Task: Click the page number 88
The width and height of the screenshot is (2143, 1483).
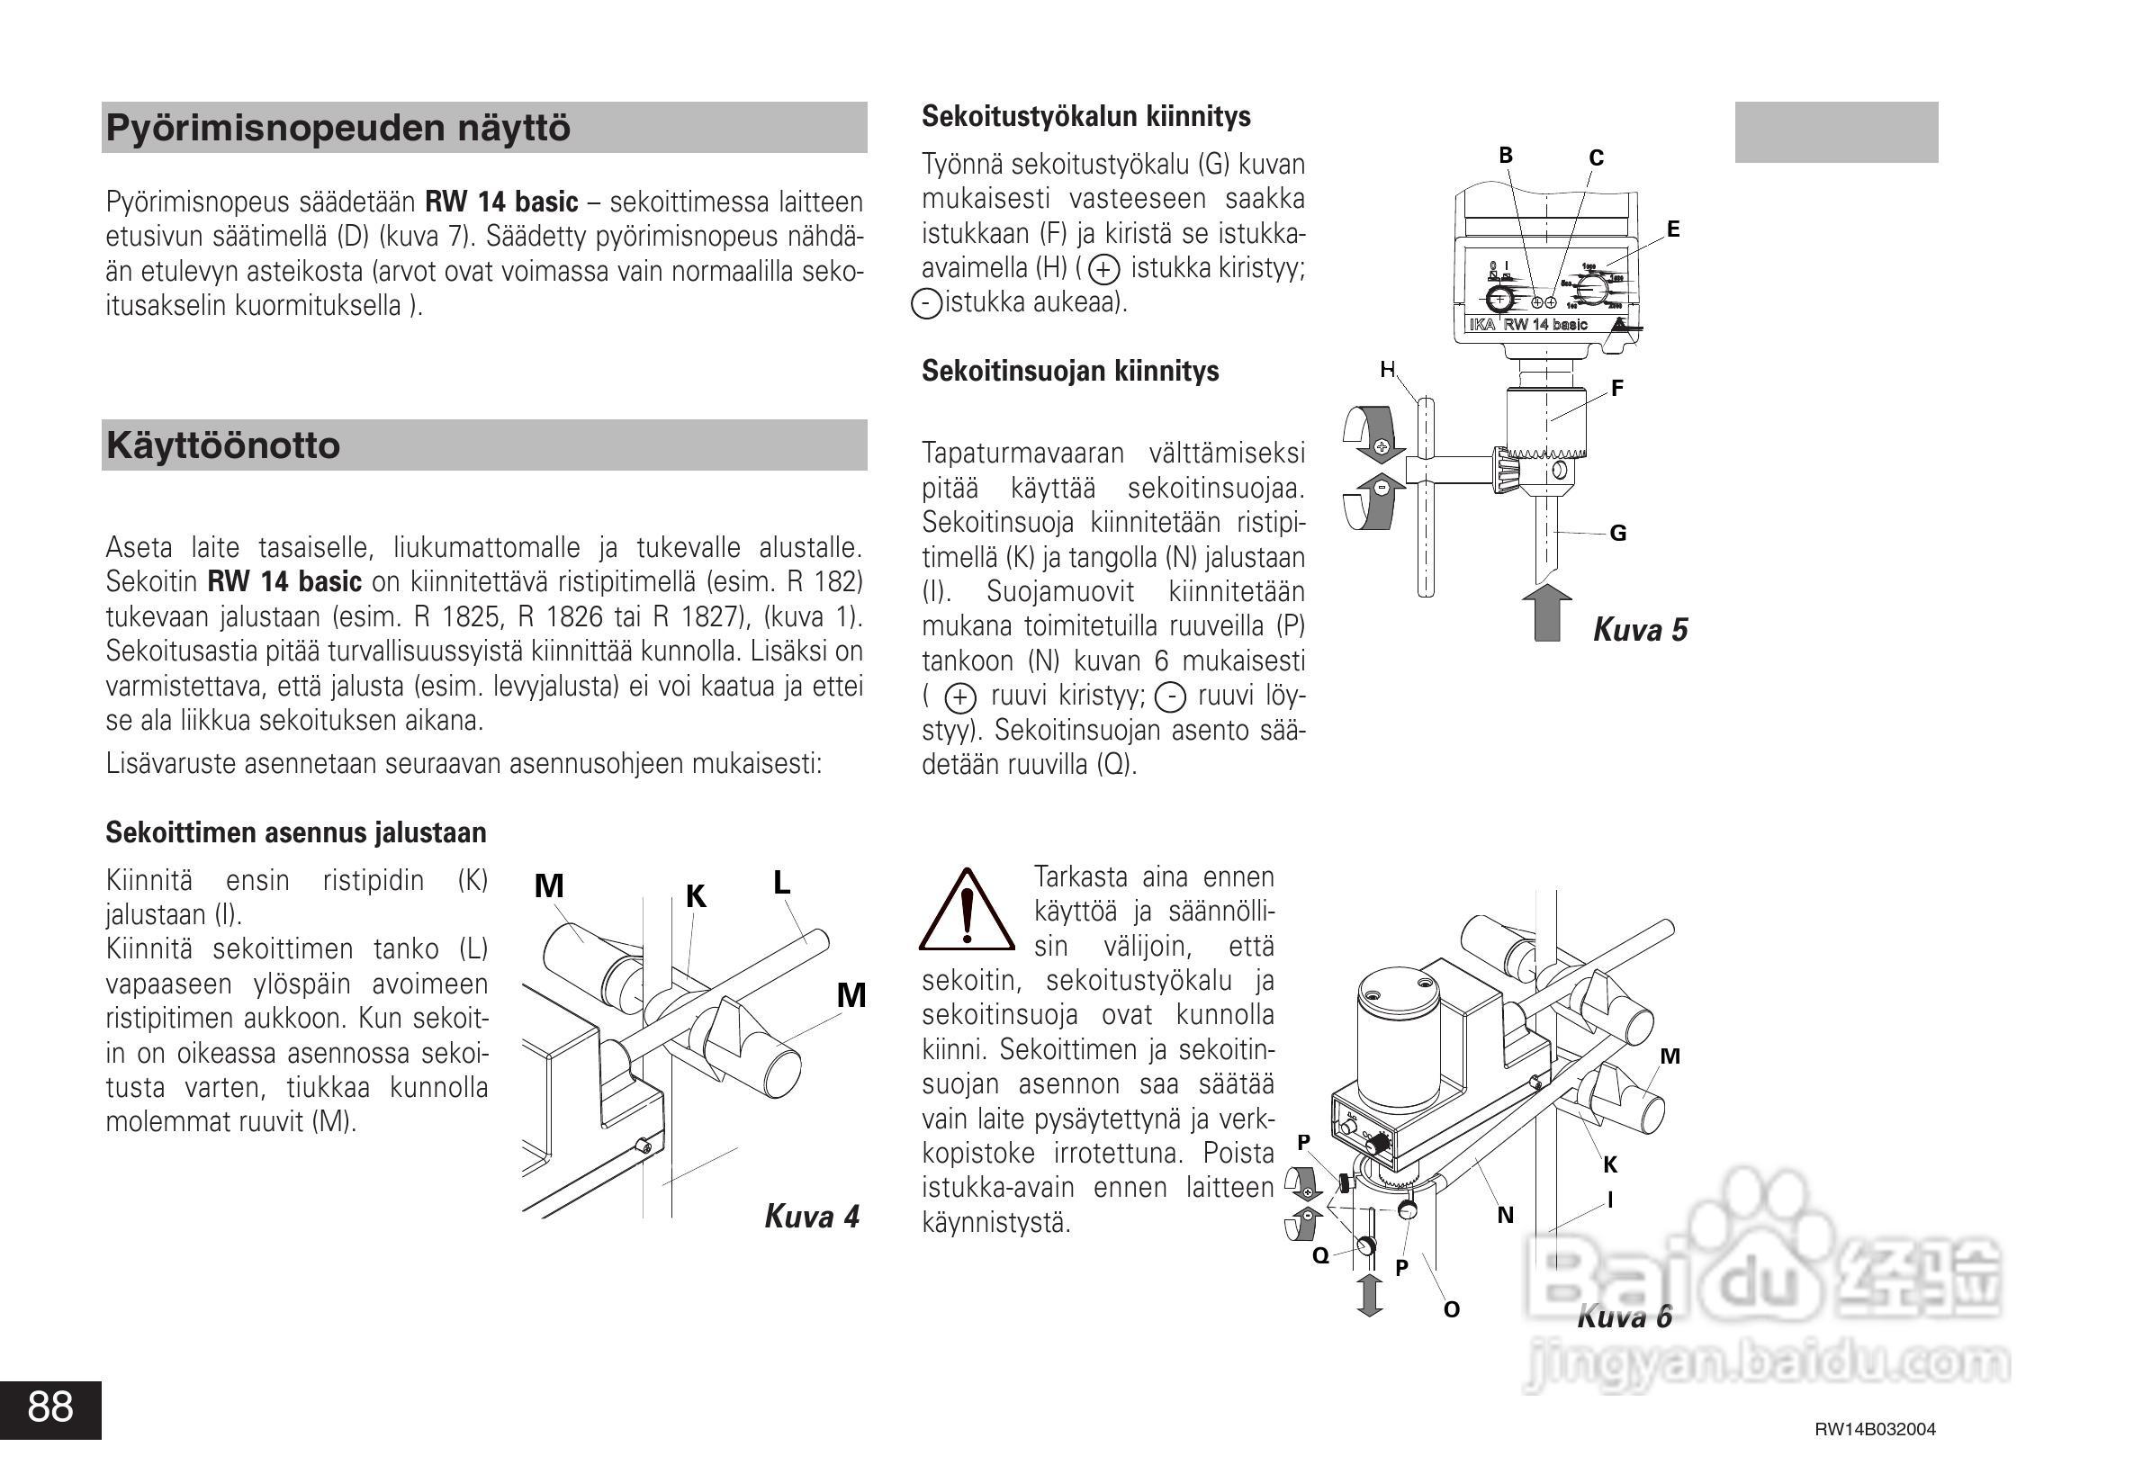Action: tap(50, 1407)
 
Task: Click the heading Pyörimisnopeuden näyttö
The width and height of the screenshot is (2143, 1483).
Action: tap(338, 127)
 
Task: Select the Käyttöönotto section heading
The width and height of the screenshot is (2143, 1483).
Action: tap(223, 445)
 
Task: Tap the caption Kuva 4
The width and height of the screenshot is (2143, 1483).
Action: tap(811, 1216)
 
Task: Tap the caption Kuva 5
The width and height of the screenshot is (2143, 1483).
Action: tap(1640, 629)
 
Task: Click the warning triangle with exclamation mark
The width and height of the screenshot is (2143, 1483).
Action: tap(967, 912)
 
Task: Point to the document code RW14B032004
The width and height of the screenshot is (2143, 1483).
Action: tap(1875, 1429)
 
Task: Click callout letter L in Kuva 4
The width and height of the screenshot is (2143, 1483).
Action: tap(781, 882)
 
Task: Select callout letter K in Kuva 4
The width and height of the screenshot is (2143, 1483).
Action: tap(696, 895)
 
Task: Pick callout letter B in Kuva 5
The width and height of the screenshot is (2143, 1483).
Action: tap(1506, 155)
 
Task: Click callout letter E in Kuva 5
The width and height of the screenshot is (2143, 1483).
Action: tap(1673, 229)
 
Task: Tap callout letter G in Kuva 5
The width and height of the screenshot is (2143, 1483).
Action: tap(1618, 533)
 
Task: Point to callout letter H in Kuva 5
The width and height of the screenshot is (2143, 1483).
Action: tap(1388, 370)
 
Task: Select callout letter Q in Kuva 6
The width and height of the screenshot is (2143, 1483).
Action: tap(1320, 1256)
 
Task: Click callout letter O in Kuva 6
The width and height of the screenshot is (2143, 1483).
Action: tap(1452, 1309)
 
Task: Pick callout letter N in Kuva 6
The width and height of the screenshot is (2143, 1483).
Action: tap(1506, 1215)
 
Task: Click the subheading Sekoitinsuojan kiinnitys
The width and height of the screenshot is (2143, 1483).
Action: tap(1069, 371)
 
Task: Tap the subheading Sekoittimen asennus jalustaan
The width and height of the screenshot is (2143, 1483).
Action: tap(295, 831)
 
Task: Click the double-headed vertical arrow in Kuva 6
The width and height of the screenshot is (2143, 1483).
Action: tap(1369, 1294)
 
